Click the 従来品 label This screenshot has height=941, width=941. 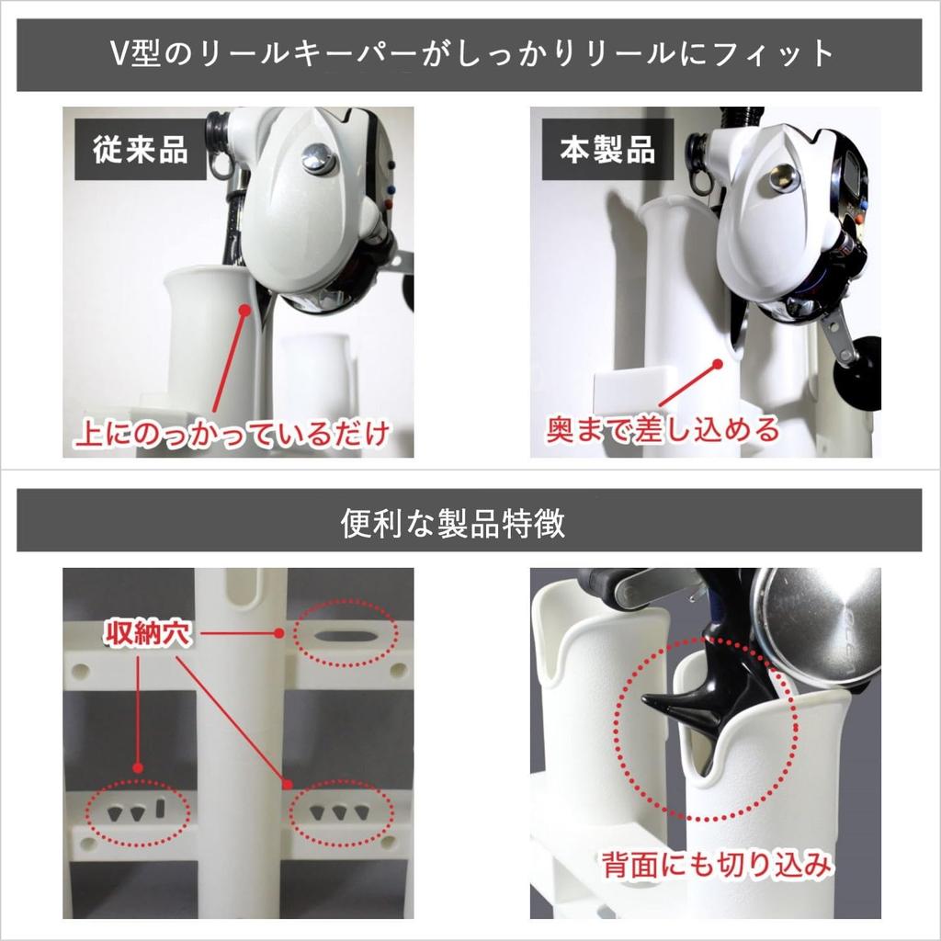tap(141, 149)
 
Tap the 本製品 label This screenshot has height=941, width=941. tap(608, 149)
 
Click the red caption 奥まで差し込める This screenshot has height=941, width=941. tap(663, 428)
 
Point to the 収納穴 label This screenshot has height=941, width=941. tap(147, 634)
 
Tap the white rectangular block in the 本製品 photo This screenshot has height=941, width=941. tap(635, 390)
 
